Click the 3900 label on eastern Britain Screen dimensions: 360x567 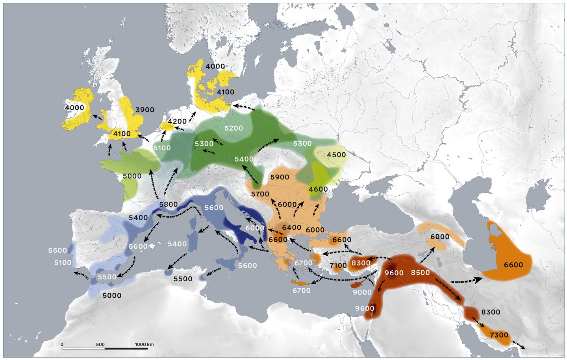[145, 110]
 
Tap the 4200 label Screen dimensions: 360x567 [177, 121]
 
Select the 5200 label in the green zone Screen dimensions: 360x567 [233, 128]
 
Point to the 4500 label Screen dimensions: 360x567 [336, 155]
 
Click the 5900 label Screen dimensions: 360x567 [280, 177]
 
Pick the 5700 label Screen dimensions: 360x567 [260, 194]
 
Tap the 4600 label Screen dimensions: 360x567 [318, 189]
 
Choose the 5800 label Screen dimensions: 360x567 [169, 204]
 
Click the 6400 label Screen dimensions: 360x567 [291, 227]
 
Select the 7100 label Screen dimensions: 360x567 [338, 266]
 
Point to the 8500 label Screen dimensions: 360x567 [421, 272]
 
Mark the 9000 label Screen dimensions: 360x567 [362, 292]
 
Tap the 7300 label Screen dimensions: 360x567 [499, 335]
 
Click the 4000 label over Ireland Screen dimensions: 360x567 [74, 108]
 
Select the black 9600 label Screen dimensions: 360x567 [394, 273]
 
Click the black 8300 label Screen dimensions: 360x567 [491, 312]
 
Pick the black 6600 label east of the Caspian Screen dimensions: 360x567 [513, 265]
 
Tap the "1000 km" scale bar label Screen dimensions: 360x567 [145, 344]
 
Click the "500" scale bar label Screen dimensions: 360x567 [100, 344]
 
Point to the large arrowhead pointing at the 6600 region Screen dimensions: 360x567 [478, 280]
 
